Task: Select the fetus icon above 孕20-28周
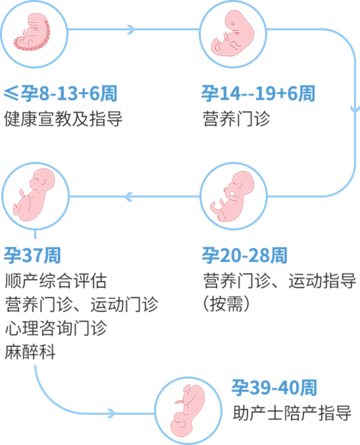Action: (233, 196)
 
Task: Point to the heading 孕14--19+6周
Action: (258, 94)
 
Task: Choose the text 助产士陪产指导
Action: (292, 413)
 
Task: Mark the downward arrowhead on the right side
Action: (355, 107)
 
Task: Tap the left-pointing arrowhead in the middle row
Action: (128, 196)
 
